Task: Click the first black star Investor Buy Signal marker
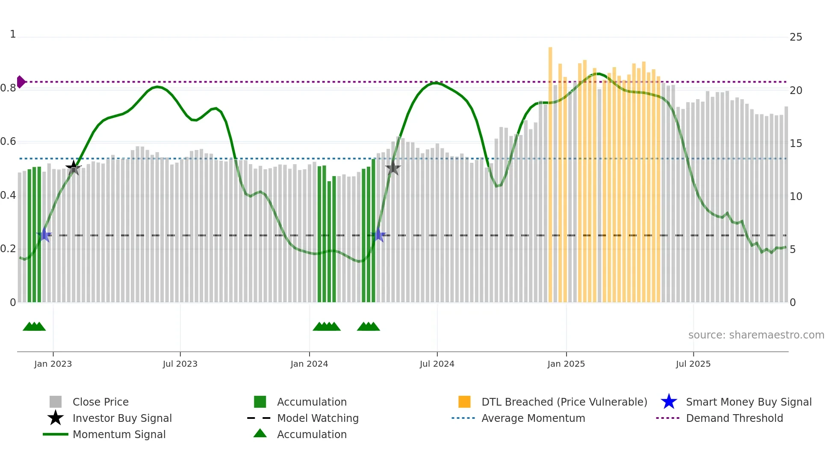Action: click(x=74, y=168)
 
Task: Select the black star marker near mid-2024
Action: click(x=393, y=168)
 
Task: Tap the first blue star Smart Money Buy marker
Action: click(x=44, y=235)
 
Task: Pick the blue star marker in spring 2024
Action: click(x=378, y=235)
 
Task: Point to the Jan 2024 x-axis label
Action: click(x=309, y=364)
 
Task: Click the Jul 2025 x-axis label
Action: click(x=693, y=364)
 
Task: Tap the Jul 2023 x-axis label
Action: click(x=180, y=364)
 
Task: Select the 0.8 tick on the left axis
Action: click(x=8, y=88)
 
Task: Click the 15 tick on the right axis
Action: click(x=796, y=144)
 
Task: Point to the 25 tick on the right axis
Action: click(x=796, y=37)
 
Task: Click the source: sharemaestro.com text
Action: click(x=756, y=335)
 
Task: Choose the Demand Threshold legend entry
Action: click(x=734, y=418)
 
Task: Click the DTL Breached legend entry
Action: click(x=564, y=402)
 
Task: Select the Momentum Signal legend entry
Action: click(x=119, y=435)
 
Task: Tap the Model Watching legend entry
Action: click(x=317, y=418)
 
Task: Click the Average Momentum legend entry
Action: click(x=533, y=418)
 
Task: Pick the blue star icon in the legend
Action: click(x=669, y=402)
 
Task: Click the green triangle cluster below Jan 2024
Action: click(x=327, y=327)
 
